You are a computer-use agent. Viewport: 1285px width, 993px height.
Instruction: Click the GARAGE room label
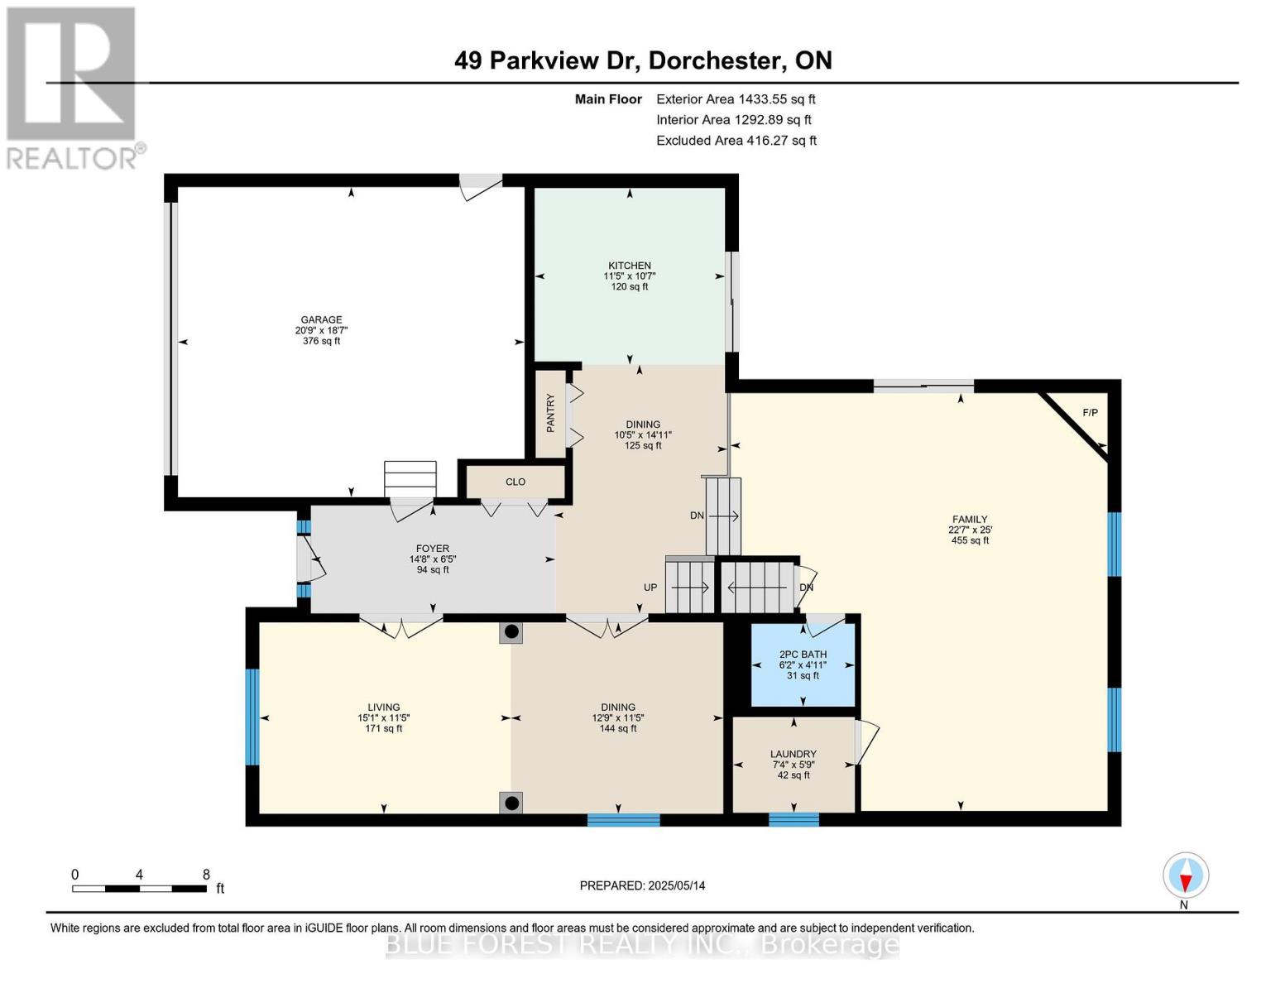[321, 319]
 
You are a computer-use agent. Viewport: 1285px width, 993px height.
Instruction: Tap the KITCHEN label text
[630, 266]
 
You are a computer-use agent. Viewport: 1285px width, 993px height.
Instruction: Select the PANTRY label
[551, 413]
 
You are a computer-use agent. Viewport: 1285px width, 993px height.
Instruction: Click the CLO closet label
[515, 482]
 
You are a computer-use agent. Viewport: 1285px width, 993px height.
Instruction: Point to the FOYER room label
[432, 549]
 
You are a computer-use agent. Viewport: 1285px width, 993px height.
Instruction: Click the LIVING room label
[384, 708]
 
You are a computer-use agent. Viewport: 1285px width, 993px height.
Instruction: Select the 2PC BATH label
[803, 655]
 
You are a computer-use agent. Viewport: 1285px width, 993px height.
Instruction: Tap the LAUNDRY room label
[794, 754]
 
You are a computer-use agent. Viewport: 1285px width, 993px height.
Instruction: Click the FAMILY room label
[970, 520]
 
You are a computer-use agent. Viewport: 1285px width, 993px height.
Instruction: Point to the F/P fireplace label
[1091, 412]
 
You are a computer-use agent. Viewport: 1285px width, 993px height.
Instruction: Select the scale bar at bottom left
[139, 889]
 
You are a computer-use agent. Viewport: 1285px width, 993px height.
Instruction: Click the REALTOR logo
[73, 87]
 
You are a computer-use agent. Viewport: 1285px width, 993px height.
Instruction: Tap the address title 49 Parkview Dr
[643, 60]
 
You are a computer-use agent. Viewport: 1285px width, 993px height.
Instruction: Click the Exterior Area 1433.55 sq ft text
[736, 99]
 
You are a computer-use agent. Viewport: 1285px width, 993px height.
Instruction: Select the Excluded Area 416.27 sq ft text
[736, 141]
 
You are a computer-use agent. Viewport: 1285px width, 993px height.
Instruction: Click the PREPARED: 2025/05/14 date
[642, 885]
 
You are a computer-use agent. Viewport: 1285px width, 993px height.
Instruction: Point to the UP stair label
[650, 588]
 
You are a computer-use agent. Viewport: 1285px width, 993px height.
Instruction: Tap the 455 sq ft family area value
[970, 541]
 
